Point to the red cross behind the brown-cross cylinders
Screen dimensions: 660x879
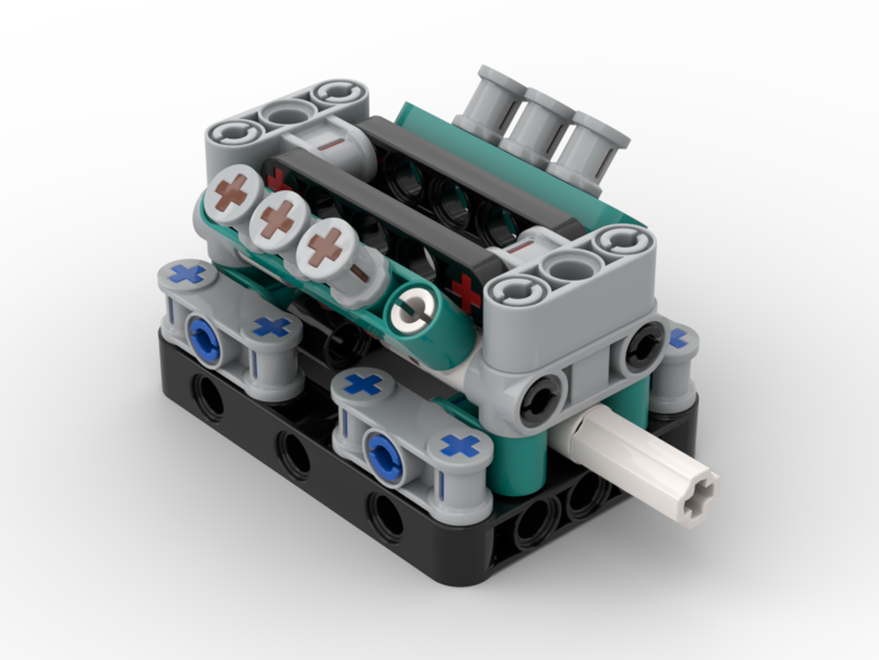coord(277,179)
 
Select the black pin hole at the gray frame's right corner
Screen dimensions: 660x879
coord(647,344)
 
